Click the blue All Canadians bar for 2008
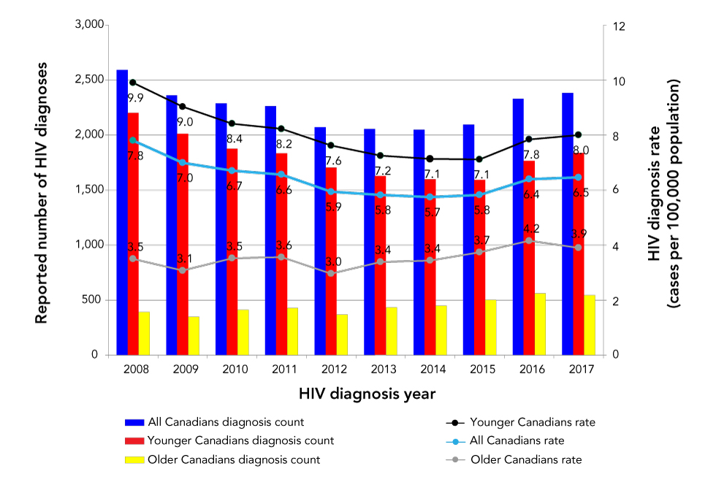122,212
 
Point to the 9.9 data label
136,97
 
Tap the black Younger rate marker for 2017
578,134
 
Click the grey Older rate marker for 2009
182,270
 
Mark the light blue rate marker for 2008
133,140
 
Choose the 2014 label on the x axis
430,370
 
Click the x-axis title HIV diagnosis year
367,394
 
